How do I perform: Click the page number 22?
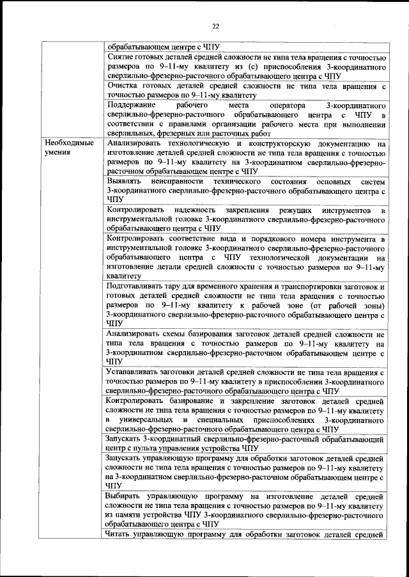coord(215,26)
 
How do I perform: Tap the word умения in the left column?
coord(58,154)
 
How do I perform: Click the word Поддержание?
coord(133,104)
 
